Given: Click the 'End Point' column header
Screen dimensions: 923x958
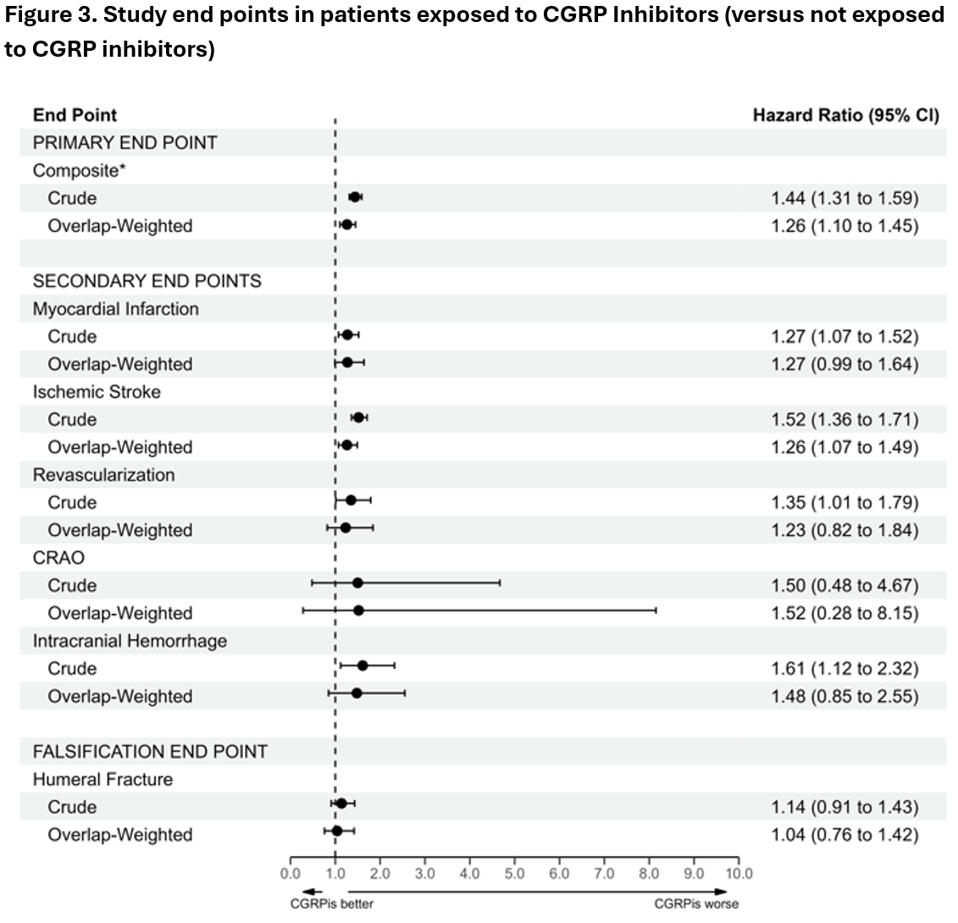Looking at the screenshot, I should (x=75, y=115).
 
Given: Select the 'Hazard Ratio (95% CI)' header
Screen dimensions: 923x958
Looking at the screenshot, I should (x=845, y=115).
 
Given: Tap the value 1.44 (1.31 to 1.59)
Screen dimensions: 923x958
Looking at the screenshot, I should (x=844, y=198).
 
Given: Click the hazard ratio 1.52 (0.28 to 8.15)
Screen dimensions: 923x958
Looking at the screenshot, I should (x=844, y=613).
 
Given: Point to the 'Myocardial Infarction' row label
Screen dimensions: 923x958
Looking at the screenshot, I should (x=116, y=309).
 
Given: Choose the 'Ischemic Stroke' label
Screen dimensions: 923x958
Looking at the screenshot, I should (x=97, y=392).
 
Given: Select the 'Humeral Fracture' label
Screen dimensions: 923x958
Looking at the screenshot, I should (x=102, y=779).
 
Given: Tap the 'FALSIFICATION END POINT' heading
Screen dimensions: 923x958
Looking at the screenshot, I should (x=150, y=751).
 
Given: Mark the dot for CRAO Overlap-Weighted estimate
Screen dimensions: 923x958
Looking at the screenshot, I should (x=358, y=611).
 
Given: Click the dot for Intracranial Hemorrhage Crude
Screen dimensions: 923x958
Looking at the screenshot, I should (x=363, y=666).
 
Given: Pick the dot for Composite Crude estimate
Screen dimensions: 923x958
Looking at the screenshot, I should (x=355, y=197).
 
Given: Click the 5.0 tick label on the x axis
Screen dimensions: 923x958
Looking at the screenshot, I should (x=514, y=874).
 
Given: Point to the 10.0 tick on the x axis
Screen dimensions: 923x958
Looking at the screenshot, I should (x=739, y=874).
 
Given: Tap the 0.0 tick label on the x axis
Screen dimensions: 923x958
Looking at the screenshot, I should (x=291, y=874).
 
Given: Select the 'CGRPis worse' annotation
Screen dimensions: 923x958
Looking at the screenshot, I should (x=696, y=904).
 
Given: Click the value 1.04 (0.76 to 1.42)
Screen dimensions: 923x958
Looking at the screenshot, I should (x=844, y=835).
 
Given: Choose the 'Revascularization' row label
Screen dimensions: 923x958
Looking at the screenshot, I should (x=103, y=475).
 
